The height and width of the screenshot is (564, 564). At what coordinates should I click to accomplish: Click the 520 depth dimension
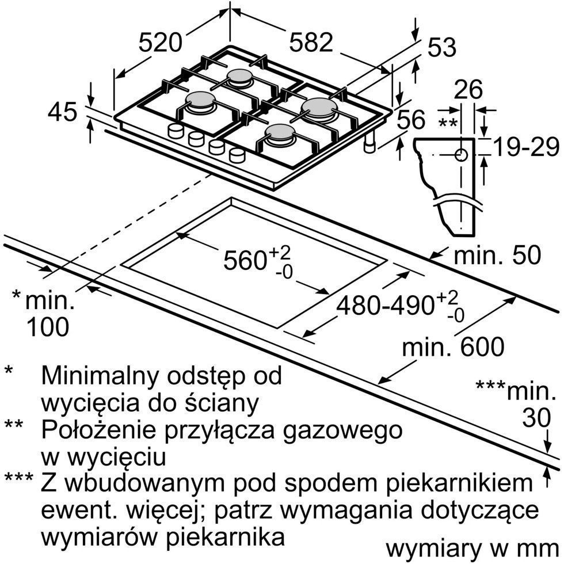pyautogui.click(x=161, y=43)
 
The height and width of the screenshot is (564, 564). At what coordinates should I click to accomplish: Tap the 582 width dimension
pyautogui.click(x=311, y=43)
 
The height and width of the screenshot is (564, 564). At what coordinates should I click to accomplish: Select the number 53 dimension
pyautogui.click(x=442, y=47)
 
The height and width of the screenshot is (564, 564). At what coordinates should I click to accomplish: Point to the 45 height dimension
pyautogui.click(x=62, y=112)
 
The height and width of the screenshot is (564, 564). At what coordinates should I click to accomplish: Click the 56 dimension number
pyautogui.click(x=411, y=120)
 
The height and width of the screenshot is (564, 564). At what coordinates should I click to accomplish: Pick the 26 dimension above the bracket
pyautogui.click(x=468, y=90)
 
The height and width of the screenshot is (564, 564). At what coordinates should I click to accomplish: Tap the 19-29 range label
pyautogui.click(x=526, y=147)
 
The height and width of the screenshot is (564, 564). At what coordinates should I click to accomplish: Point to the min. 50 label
pyautogui.click(x=497, y=255)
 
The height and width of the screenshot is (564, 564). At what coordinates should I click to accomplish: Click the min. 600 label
pyautogui.click(x=454, y=346)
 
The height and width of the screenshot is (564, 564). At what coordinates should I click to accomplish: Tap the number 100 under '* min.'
pyautogui.click(x=48, y=327)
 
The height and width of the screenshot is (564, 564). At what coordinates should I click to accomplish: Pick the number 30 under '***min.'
pyautogui.click(x=536, y=418)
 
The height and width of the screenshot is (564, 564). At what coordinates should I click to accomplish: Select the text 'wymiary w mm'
pyautogui.click(x=472, y=550)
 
